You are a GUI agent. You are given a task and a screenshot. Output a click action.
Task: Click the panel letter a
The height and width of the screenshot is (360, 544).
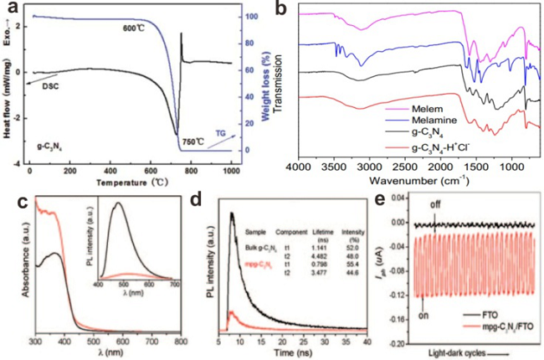click(13, 9)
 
